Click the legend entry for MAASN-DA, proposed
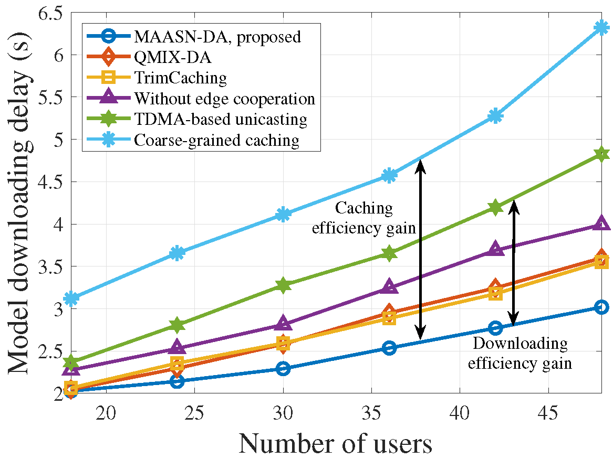(x=217, y=37)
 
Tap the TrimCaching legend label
(x=180, y=78)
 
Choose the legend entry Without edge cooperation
(x=224, y=99)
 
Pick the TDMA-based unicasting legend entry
(x=220, y=120)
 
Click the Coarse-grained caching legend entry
(x=216, y=141)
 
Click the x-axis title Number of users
(x=335, y=443)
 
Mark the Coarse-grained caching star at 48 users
(x=601, y=28)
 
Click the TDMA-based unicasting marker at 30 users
(x=283, y=285)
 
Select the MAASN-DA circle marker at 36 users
(x=389, y=348)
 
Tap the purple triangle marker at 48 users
(x=601, y=224)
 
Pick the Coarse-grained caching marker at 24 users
(x=178, y=253)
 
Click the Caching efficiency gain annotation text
(x=364, y=218)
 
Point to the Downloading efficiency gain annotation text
(x=520, y=353)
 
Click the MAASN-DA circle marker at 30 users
(x=283, y=369)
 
